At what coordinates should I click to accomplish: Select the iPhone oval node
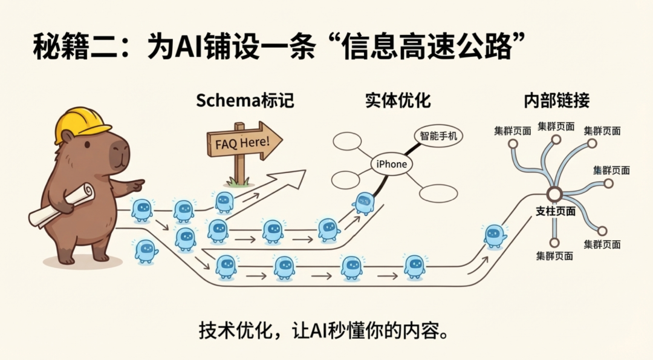tap(391, 164)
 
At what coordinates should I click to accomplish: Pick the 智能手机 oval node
tap(438, 136)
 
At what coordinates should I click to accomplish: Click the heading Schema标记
tap(244, 100)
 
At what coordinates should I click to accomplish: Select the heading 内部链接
tap(556, 100)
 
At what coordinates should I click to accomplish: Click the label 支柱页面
tap(555, 212)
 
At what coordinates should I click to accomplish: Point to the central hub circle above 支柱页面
tap(554, 195)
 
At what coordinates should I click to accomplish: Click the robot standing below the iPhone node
tap(364, 203)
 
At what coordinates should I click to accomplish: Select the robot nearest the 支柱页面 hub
tap(495, 236)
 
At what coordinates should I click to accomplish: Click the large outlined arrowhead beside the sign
tap(290, 178)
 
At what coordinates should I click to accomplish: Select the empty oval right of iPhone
tap(438, 194)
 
